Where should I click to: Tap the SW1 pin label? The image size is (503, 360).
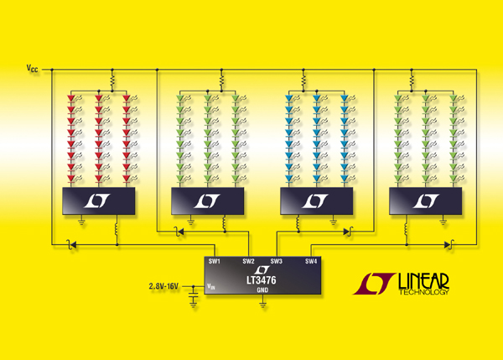pos(215,261)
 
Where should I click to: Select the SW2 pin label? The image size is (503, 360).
pos(248,261)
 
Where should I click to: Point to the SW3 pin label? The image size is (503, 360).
pos(277,261)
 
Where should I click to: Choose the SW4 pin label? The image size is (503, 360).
pos(311,261)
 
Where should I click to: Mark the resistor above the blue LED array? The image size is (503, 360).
pos(303,81)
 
